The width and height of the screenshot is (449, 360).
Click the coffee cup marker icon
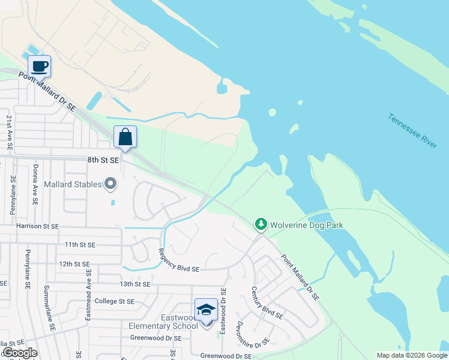40,66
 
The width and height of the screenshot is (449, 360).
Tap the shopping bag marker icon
125,137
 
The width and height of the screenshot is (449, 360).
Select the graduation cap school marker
206,310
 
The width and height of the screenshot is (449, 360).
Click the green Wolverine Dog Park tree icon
261,224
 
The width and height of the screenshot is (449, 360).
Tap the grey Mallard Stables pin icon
110,184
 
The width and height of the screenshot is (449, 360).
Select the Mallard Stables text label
73,184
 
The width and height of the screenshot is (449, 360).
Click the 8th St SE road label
104,160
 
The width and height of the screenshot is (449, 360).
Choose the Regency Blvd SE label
178,261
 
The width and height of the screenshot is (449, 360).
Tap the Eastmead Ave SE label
88,294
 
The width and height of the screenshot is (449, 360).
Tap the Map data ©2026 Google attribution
412,355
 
